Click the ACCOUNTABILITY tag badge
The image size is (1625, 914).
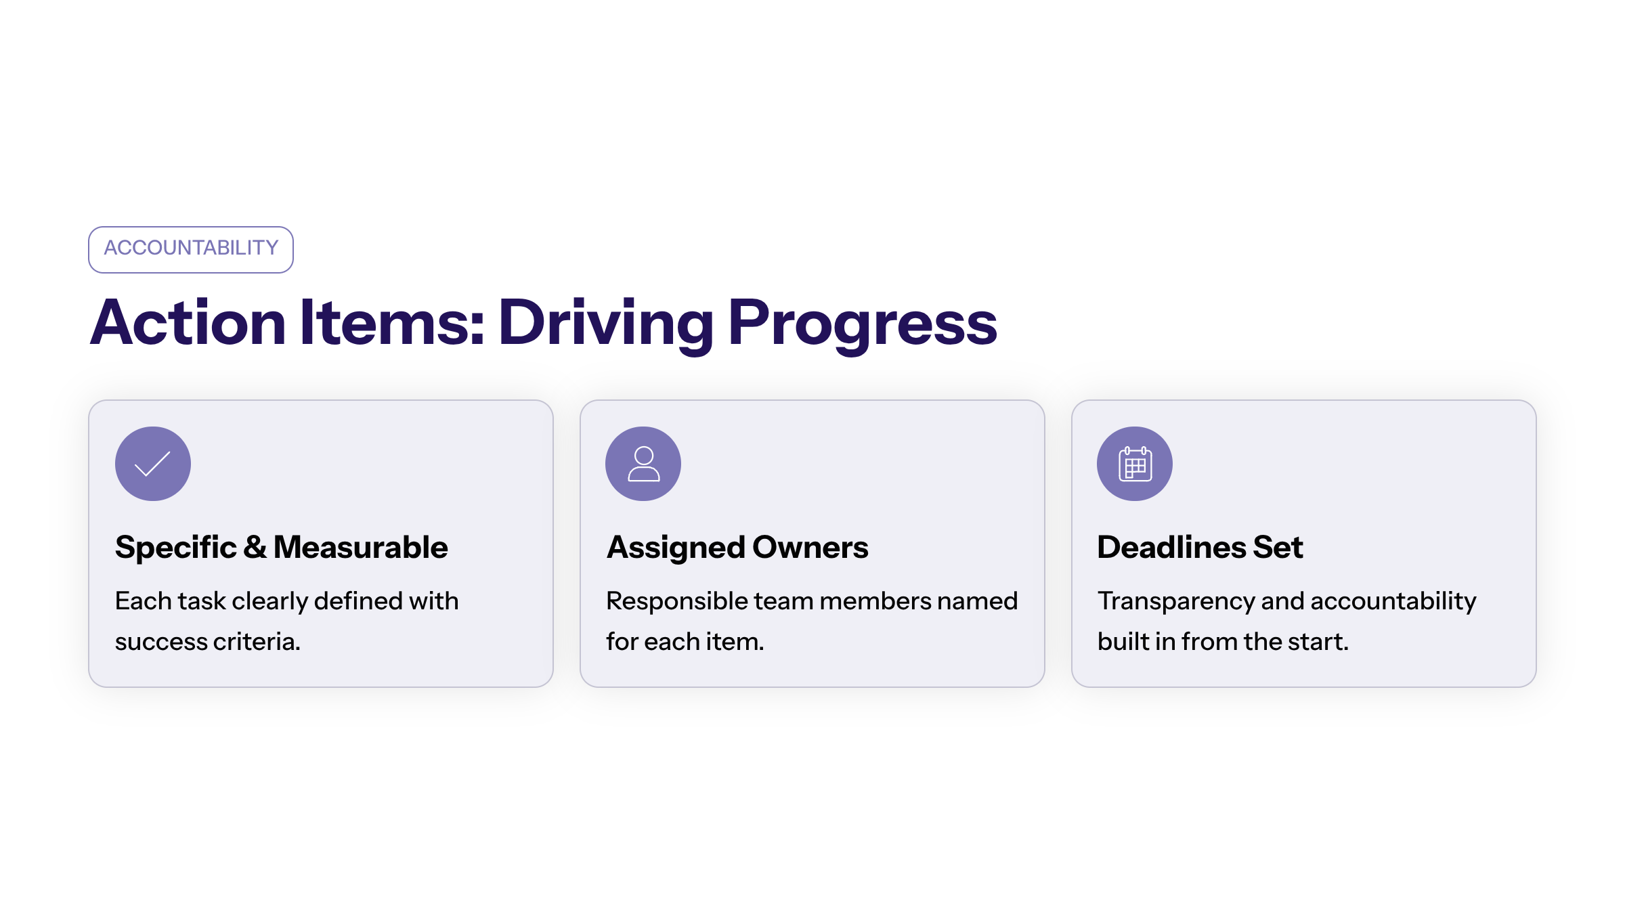click(x=191, y=250)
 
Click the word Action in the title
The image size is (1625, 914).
click(x=188, y=323)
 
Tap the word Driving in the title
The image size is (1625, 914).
click(x=606, y=326)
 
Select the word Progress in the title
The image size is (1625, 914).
click(x=863, y=326)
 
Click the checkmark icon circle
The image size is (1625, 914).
click(x=153, y=464)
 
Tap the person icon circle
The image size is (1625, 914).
click(x=643, y=464)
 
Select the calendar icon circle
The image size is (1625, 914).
click(x=1135, y=464)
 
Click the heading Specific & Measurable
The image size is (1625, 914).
click(x=282, y=547)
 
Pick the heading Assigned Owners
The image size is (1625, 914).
click(x=737, y=547)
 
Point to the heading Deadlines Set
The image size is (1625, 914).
click(x=1200, y=547)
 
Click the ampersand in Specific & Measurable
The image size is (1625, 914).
click(x=255, y=547)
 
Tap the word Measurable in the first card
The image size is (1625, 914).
click(x=361, y=547)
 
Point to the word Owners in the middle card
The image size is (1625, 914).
click(x=810, y=547)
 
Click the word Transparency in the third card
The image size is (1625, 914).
click(x=1176, y=602)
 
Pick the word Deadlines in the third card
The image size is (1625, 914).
click(x=1172, y=547)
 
